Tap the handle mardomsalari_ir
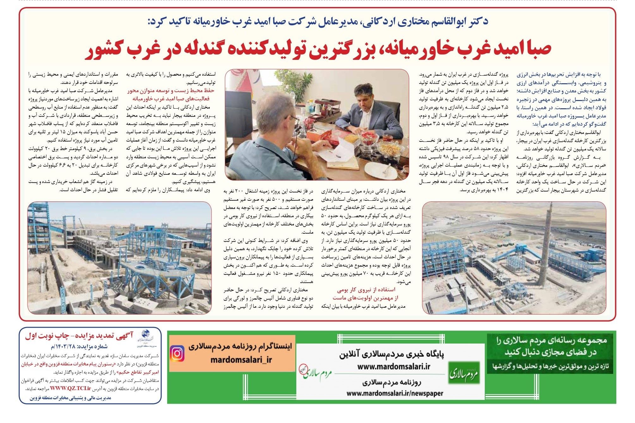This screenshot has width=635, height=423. click(x=241, y=360)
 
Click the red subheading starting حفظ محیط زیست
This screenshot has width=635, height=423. click(x=171, y=91)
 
